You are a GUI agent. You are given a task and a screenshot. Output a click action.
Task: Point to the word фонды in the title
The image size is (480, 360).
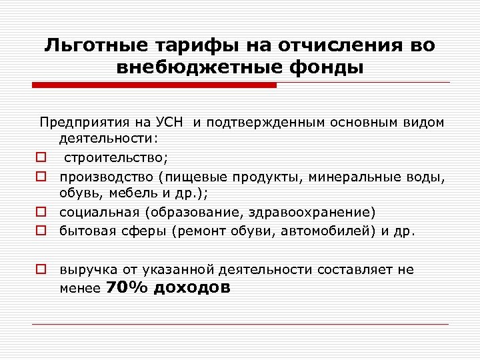334,68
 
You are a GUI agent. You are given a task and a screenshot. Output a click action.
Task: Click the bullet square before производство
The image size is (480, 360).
41,177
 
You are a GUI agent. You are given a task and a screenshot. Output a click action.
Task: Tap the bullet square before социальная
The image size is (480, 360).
41,213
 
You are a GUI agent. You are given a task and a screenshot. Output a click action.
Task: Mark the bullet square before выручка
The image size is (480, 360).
41,270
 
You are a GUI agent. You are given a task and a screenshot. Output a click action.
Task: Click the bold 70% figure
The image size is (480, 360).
128,288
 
